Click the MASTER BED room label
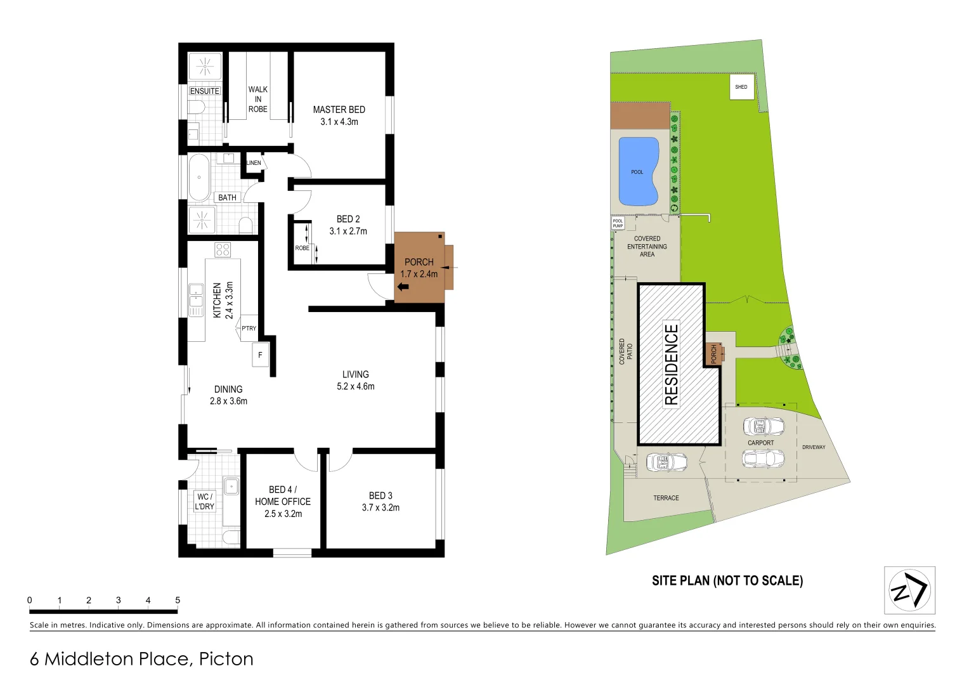point(339,110)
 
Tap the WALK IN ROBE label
point(257,100)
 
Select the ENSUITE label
point(205,91)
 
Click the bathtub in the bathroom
point(199,177)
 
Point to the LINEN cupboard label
point(254,163)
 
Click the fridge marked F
point(260,355)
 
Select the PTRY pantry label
point(249,329)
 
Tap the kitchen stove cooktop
point(223,250)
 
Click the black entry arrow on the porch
point(402,288)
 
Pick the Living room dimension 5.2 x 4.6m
point(355,386)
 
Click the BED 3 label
point(380,495)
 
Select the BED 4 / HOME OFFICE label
point(283,495)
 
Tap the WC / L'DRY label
point(204,502)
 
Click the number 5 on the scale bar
point(178,600)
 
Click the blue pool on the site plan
point(638,172)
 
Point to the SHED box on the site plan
point(741,88)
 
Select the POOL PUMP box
point(618,223)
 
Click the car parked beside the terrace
point(666,462)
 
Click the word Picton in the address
point(226,659)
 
